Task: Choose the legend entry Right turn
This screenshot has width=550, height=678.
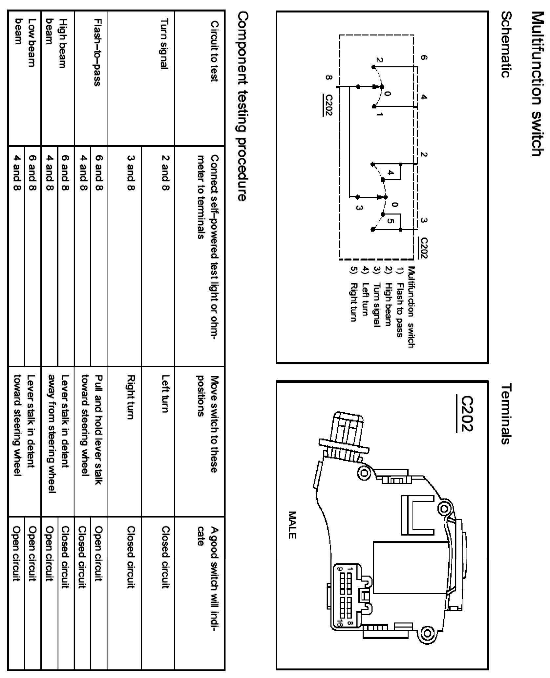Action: point(353,302)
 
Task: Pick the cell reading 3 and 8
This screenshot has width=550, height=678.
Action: point(131,172)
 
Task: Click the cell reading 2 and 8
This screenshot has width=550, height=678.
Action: point(165,172)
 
